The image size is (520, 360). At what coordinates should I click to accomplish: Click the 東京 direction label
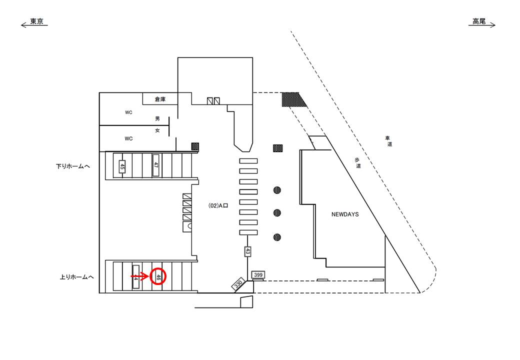pyautogui.click(x=36, y=22)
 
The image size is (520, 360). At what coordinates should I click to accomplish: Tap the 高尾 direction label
pyautogui.click(x=479, y=21)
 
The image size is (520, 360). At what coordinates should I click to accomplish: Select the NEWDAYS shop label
pyautogui.click(x=345, y=214)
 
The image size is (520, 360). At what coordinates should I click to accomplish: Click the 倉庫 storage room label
pyautogui.click(x=160, y=99)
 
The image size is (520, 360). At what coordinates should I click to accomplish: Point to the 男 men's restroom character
pyautogui.click(x=157, y=118)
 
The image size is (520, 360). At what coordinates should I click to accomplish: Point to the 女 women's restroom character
pyautogui.click(x=157, y=130)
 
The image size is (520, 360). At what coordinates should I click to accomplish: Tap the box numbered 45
pyautogui.click(x=122, y=166)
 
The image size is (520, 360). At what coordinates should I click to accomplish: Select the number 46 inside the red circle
pyautogui.click(x=158, y=276)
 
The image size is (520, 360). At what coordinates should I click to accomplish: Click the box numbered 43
pyautogui.click(x=247, y=251)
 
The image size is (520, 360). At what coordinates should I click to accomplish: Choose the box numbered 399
pyautogui.click(x=258, y=275)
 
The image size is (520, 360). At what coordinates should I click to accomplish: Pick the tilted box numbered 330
pyautogui.click(x=238, y=284)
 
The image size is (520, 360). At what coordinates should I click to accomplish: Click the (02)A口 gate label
pyautogui.click(x=218, y=205)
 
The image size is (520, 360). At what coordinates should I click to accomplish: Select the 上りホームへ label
pyautogui.click(x=73, y=276)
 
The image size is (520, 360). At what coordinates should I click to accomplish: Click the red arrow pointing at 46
pyautogui.click(x=140, y=276)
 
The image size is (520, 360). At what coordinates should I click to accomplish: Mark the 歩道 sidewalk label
pyautogui.click(x=357, y=163)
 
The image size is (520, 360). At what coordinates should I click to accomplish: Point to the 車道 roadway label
pyautogui.click(x=388, y=141)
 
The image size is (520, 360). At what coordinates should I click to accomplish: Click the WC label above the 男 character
pyautogui.click(x=128, y=112)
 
